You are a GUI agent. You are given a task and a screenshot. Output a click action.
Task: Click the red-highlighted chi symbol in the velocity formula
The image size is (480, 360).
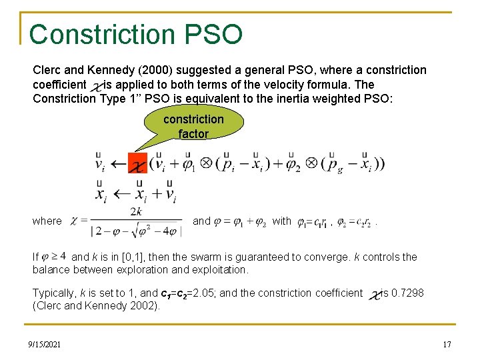(137, 163)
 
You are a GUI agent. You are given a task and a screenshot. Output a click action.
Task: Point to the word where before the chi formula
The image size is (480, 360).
(47, 221)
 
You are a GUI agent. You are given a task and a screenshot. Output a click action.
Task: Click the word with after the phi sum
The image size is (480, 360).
(282, 221)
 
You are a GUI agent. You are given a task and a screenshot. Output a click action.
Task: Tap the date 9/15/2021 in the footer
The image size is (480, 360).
(46, 344)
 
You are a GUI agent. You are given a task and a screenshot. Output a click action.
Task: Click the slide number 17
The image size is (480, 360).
(447, 344)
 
